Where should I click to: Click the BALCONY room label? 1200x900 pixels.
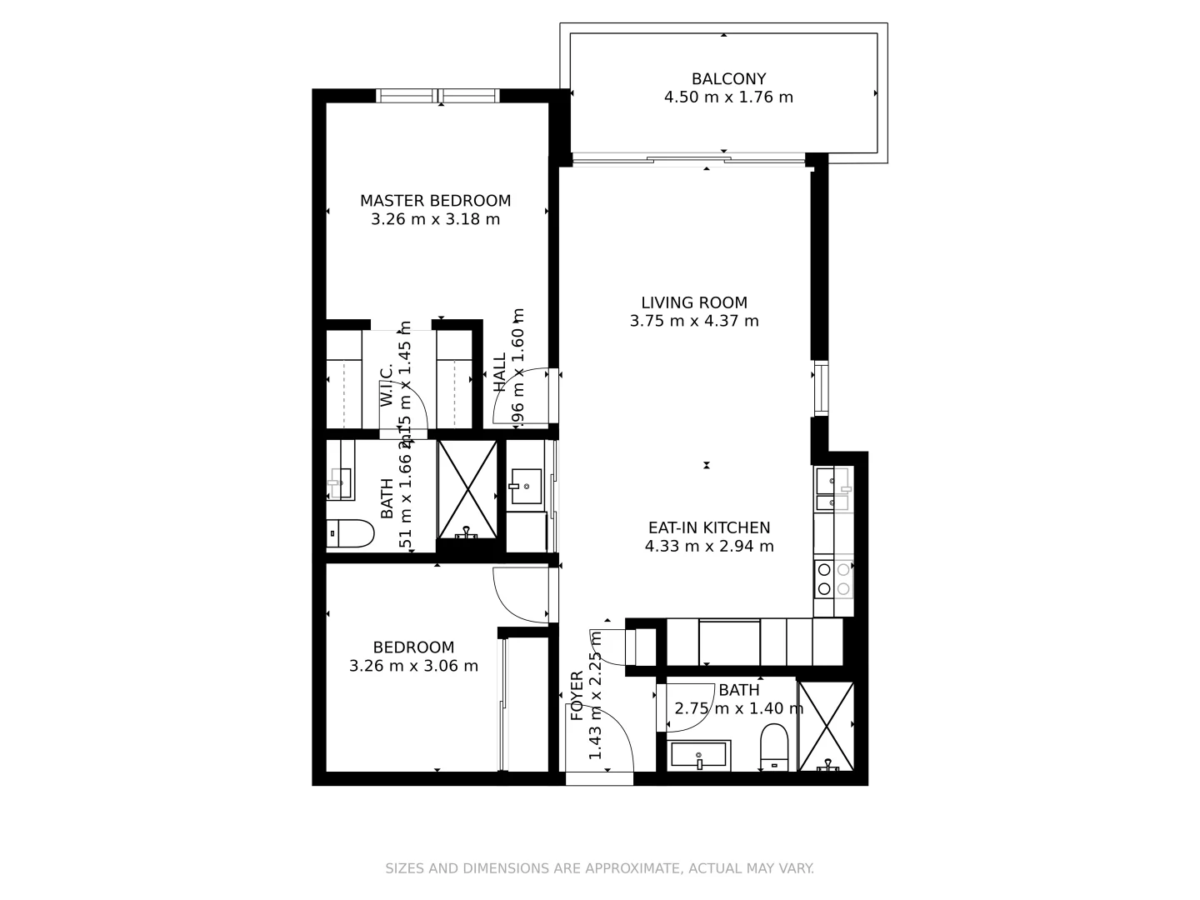(x=728, y=79)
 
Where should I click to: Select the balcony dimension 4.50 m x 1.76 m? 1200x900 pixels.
(x=728, y=97)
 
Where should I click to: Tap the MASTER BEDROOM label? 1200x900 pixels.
(x=435, y=201)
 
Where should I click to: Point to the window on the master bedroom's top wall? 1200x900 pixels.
(x=438, y=96)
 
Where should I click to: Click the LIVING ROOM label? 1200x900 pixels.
(x=694, y=302)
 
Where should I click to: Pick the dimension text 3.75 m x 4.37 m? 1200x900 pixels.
(x=694, y=321)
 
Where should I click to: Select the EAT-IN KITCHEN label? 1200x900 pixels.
(x=709, y=527)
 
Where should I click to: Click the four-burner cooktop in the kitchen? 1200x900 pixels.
(x=833, y=579)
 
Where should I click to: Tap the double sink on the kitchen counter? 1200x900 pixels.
(x=832, y=490)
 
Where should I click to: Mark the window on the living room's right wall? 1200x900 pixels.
(x=821, y=388)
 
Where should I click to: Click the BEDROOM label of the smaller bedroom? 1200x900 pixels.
(x=413, y=647)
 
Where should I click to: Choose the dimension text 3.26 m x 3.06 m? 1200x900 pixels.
(x=413, y=666)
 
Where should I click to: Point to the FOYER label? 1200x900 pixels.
(x=577, y=696)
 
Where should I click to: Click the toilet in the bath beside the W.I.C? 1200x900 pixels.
(x=350, y=533)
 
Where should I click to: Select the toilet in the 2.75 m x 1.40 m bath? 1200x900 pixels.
(x=774, y=746)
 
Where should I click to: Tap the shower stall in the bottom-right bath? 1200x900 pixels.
(x=826, y=726)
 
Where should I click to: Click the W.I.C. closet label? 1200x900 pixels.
(x=387, y=386)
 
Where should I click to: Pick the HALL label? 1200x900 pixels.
(x=499, y=372)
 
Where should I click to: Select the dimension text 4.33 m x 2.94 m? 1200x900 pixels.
(x=709, y=547)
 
